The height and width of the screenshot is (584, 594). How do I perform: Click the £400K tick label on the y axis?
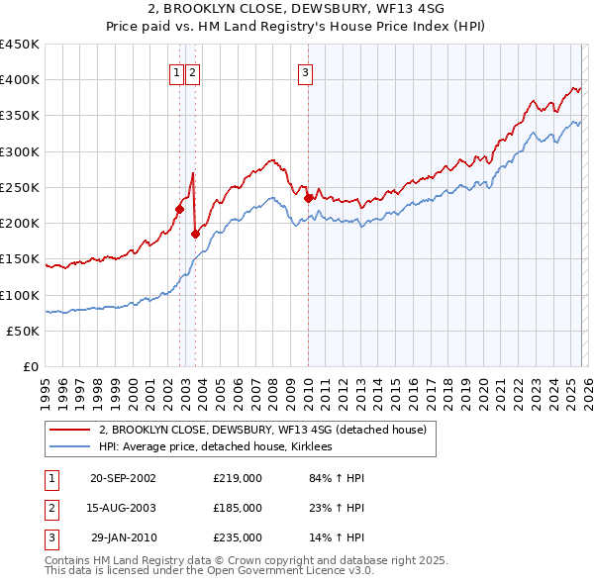point(20,80)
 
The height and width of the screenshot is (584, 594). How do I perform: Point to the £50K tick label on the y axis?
point(23,332)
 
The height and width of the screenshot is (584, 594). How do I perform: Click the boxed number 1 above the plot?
point(176,71)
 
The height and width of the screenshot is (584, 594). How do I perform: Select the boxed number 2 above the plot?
point(192,71)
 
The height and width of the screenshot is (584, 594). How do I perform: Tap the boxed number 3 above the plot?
point(305,71)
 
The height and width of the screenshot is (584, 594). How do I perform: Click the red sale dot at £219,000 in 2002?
point(180,209)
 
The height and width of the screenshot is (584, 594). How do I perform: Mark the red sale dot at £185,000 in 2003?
point(195,234)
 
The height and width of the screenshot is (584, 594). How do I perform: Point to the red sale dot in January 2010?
point(309,198)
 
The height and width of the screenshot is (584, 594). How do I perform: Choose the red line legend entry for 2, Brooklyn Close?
point(262,430)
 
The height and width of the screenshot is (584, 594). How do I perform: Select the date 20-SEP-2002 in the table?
point(123,478)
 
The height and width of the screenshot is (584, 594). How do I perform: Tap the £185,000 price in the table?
point(238,508)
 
